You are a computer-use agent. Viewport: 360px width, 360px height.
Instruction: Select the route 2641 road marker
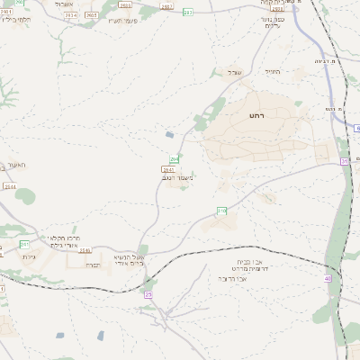coord(167,168)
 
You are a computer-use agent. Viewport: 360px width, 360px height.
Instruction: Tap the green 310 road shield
coord(221,210)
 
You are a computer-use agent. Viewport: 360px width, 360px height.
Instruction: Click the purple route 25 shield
coord(148,294)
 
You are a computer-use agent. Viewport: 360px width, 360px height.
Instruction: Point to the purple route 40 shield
coord(328,278)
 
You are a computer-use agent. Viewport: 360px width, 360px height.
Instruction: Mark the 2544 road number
coord(9,186)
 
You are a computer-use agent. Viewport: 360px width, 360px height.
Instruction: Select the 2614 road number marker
coord(69,15)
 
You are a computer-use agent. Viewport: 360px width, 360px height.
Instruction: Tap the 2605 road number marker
coord(125,4)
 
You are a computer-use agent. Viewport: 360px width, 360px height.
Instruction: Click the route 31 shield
coord(344,161)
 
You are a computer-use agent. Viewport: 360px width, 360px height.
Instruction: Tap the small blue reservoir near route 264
coord(170,135)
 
